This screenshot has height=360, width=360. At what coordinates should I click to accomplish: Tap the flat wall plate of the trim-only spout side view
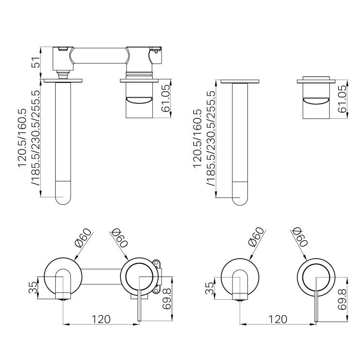[239, 81]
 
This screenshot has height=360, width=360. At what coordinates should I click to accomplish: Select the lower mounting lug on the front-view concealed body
[157, 290]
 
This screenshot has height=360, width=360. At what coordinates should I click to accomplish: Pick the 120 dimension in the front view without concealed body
[277, 319]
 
